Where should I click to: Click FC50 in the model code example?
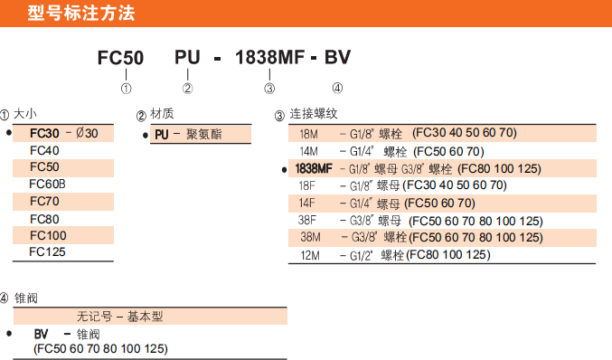[x=120, y=59]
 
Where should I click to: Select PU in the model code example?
[x=187, y=59]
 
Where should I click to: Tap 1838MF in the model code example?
[x=268, y=59]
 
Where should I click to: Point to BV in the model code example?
[x=337, y=59]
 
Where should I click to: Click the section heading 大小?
[x=25, y=114]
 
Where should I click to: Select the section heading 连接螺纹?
[x=313, y=114]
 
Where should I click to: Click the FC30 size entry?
[x=44, y=133]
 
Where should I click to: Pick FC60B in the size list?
[x=48, y=184]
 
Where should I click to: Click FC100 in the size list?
[x=48, y=235]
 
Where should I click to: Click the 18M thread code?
[x=308, y=133]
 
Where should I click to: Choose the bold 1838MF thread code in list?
[x=314, y=168]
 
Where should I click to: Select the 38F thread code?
[x=307, y=220]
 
